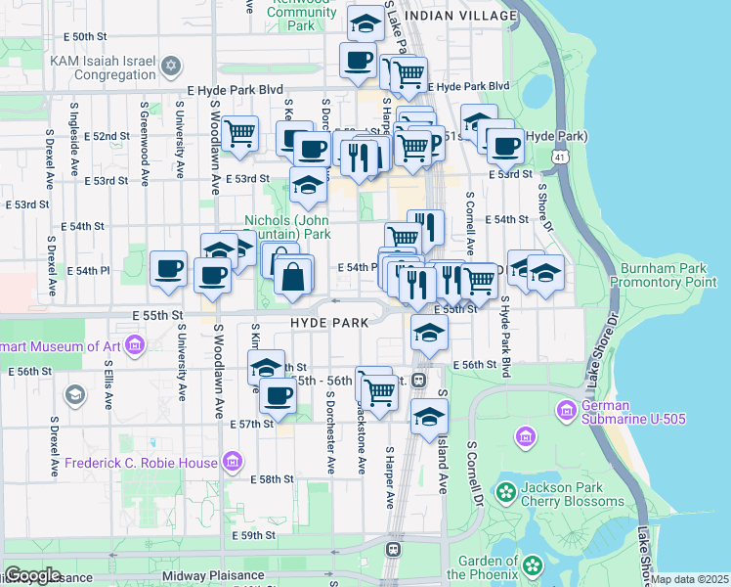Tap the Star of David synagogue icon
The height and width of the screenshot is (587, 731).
[x=171, y=66]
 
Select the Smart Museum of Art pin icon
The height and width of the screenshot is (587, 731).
[x=135, y=344]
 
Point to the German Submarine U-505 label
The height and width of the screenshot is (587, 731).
[x=633, y=413]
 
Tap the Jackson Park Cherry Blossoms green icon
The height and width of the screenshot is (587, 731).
[x=506, y=491]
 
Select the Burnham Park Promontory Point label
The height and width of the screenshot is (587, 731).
[x=664, y=274]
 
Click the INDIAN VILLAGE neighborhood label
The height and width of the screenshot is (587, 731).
[x=459, y=17]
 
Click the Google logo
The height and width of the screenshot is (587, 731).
[x=32, y=575]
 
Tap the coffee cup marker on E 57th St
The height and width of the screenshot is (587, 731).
[x=279, y=396]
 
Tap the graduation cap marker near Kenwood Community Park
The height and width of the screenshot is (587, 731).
[x=366, y=23]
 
